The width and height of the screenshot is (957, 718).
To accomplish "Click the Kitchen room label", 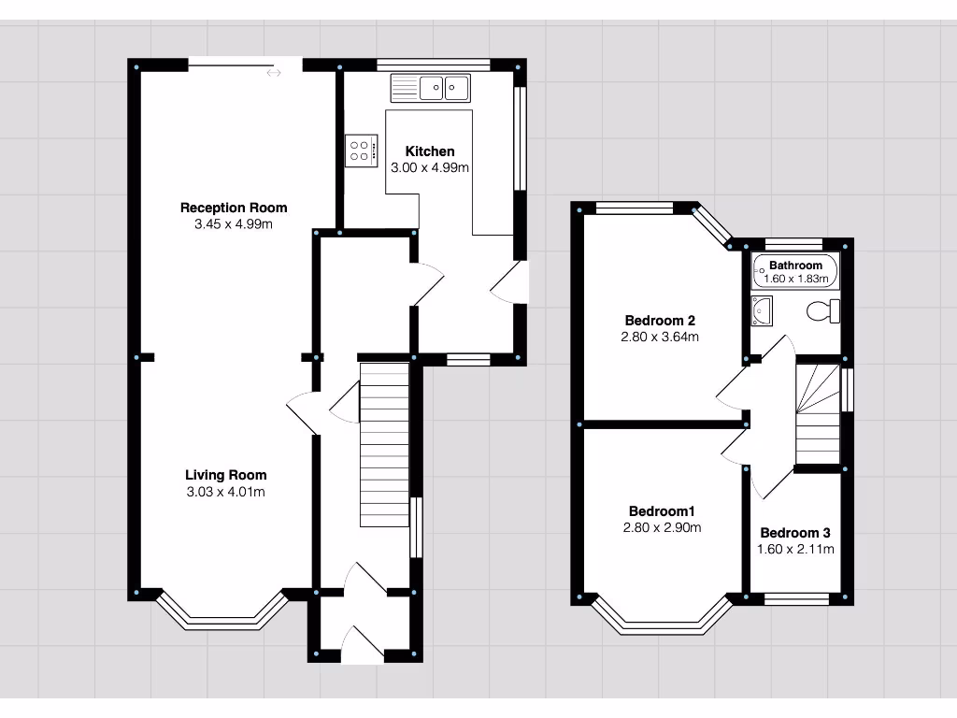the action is (x=430, y=151).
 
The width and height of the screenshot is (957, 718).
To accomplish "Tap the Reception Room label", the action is (x=234, y=208).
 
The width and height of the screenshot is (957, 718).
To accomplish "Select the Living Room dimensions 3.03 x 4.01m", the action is (x=226, y=492).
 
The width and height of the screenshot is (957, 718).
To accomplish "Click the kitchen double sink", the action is (x=430, y=88).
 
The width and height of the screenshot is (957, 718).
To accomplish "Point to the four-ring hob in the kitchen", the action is (x=362, y=151).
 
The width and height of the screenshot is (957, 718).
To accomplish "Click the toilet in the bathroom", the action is (x=823, y=311).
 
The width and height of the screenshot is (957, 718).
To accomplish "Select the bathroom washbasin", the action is (x=762, y=310).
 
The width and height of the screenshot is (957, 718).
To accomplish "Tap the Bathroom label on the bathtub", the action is (x=795, y=265).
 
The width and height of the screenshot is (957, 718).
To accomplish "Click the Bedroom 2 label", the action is (x=660, y=321).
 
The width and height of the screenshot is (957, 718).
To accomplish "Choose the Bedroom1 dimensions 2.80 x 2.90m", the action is (x=662, y=527).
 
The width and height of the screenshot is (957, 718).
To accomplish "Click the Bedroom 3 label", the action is (x=795, y=533).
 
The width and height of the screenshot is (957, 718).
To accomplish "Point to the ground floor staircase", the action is (x=384, y=445).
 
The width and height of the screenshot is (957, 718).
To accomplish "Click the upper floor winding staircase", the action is (x=818, y=414).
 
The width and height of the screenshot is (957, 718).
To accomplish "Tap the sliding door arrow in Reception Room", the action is (x=274, y=73).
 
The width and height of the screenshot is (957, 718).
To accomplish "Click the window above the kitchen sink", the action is (x=434, y=65).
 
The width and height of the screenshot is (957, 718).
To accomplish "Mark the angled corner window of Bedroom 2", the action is (x=713, y=226).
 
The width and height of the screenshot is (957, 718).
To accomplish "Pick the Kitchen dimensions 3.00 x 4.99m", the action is (x=430, y=168).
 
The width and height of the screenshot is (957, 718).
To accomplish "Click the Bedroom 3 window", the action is (x=796, y=599).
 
